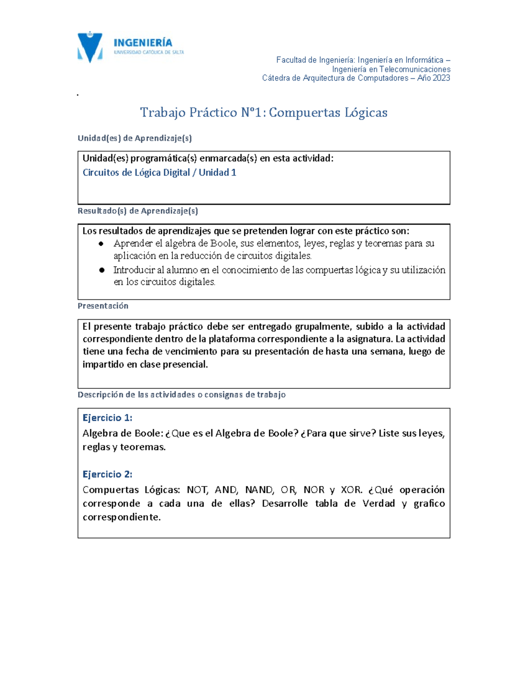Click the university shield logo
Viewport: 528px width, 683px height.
(90, 47)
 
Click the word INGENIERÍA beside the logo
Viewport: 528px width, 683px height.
(143, 43)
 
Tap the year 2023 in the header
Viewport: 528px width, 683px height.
(441, 78)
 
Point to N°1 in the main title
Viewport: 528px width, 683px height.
(253, 113)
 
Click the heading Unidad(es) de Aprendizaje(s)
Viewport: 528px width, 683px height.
(135, 138)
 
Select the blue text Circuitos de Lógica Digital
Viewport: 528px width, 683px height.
(136, 172)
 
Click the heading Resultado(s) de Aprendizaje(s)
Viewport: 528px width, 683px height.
(138, 211)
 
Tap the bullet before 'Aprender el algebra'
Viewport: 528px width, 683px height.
(102, 244)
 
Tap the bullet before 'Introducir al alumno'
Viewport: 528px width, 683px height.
(102, 270)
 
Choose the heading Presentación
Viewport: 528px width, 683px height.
(103, 306)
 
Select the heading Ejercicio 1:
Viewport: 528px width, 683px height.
(107, 418)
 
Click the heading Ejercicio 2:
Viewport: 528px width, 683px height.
(107, 474)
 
